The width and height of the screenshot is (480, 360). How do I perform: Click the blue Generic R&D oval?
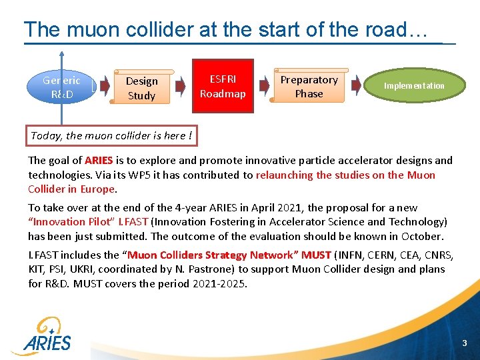(61, 87)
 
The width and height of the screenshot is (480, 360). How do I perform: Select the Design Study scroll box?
(141, 88)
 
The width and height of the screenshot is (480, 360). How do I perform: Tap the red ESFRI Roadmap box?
(223, 86)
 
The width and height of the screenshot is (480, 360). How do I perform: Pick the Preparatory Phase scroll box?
(309, 87)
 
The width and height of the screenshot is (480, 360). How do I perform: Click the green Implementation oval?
(414, 86)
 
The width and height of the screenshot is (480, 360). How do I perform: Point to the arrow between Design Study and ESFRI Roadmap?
(180, 85)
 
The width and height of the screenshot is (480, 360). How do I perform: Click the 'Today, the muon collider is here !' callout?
(111, 135)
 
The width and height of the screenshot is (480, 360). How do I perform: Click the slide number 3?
(464, 343)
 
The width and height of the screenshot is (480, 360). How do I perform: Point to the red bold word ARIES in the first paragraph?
(99, 161)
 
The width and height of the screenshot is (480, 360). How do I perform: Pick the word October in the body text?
(423, 236)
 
